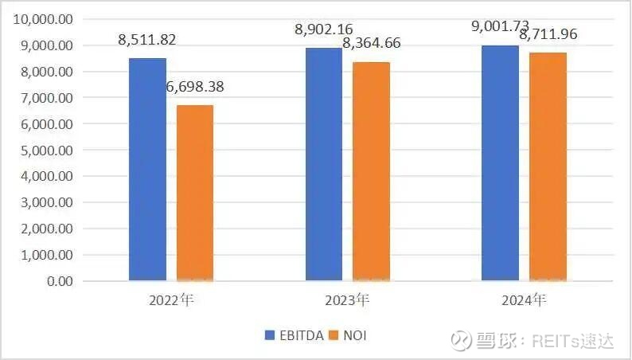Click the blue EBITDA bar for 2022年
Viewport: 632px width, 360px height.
click(148, 170)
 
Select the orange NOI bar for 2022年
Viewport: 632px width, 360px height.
click(194, 194)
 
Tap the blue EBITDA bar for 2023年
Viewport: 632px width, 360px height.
click(324, 164)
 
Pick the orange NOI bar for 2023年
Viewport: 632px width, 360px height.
click(371, 171)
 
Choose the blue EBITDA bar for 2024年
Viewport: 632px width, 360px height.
click(501, 163)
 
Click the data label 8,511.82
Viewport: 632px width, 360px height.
click(148, 37)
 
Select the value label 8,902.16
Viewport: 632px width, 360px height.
click(324, 29)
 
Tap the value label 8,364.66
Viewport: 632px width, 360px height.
click(371, 43)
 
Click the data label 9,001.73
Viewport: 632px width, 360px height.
click(501, 26)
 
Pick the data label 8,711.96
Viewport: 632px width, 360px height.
click(548, 34)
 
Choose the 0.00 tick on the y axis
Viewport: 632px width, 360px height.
click(59, 282)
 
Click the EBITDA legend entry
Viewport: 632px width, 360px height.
click(295, 336)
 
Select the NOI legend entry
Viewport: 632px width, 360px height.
click(349, 336)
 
